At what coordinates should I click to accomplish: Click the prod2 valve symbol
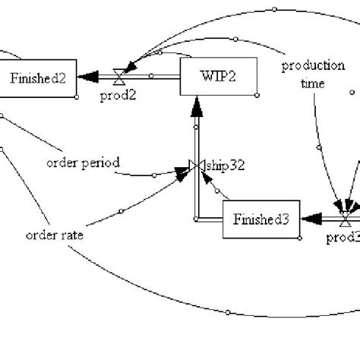click(118, 77)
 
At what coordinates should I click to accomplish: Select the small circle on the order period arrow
click(154, 175)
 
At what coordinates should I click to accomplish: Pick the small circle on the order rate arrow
click(122, 210)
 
